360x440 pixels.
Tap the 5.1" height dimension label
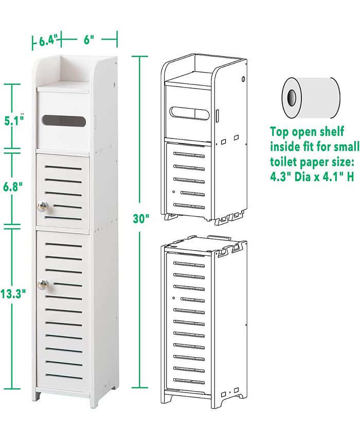(x=14, y=122)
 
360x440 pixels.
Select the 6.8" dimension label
(x=14, y=187)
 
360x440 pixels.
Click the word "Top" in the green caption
(x=281, y=131)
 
